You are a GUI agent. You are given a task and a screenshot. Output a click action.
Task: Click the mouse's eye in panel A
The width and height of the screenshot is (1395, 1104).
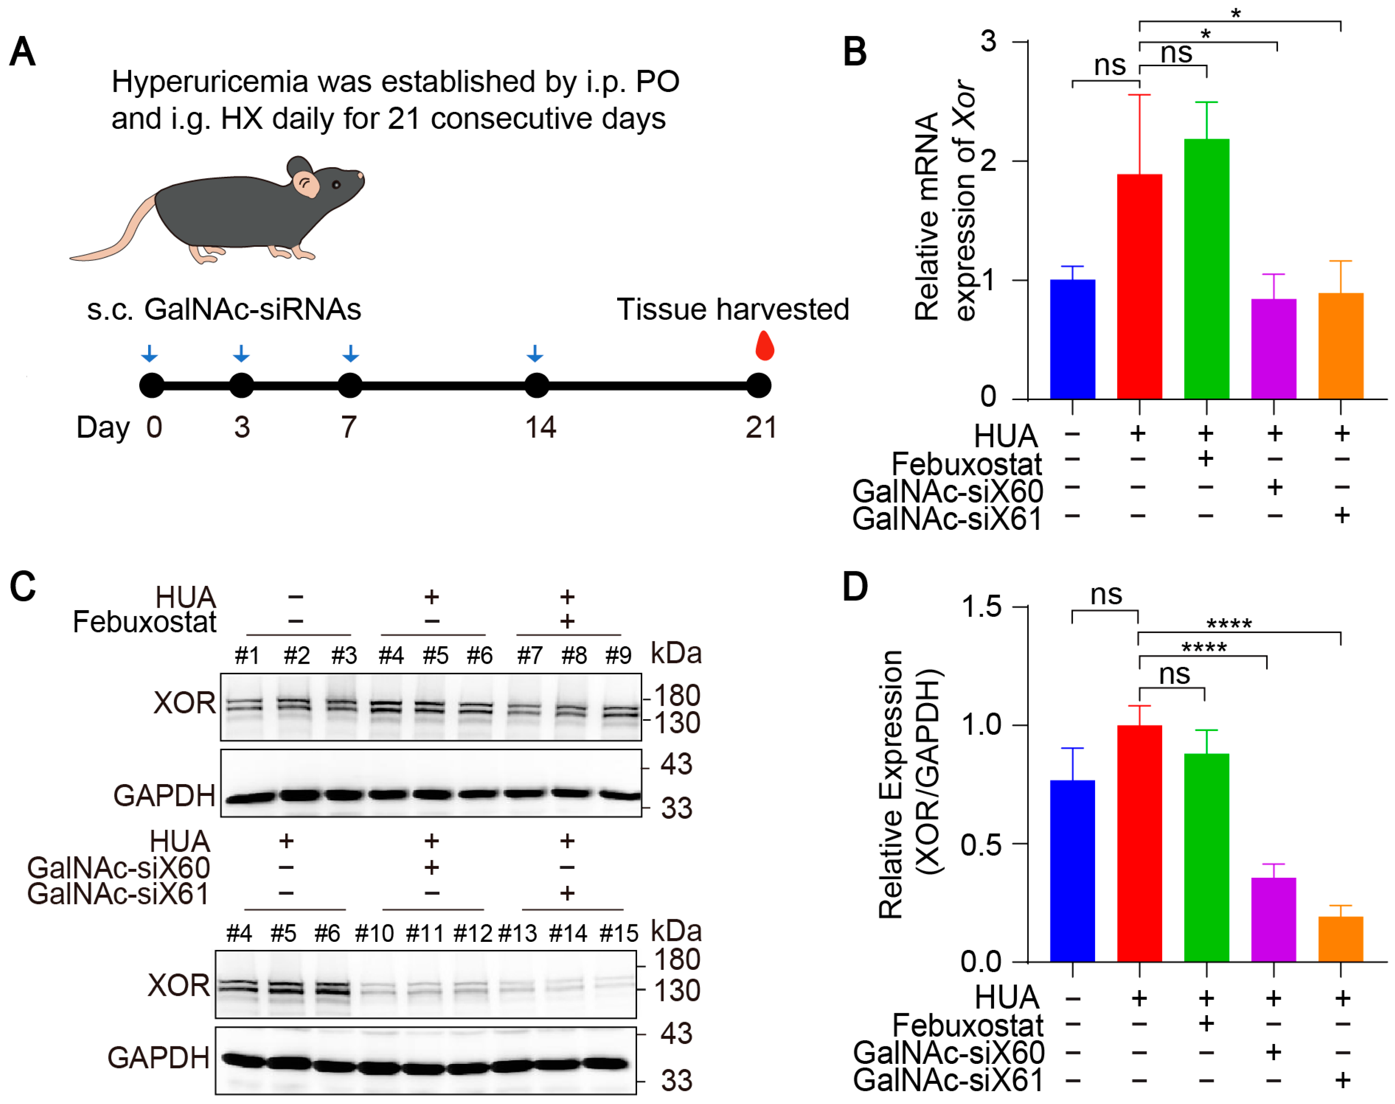pos(336,185)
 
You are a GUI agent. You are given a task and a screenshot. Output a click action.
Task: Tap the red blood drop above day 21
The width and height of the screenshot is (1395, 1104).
pos(765,347)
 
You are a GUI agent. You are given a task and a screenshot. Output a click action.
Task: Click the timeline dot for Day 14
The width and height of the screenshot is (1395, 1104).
pos(536,386)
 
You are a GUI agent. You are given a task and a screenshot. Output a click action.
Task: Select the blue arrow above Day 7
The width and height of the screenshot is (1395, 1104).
pos(350,353)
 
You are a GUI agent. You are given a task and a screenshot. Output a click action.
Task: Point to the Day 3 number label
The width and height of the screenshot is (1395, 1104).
pos(242,427)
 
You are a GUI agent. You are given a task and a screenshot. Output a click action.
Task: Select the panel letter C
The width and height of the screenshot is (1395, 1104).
pos(23,587)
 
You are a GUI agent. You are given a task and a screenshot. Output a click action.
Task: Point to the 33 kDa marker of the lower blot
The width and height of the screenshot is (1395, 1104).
pos(676,1081)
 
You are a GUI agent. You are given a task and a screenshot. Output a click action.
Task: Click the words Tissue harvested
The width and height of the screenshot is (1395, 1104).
pos(733,310)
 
